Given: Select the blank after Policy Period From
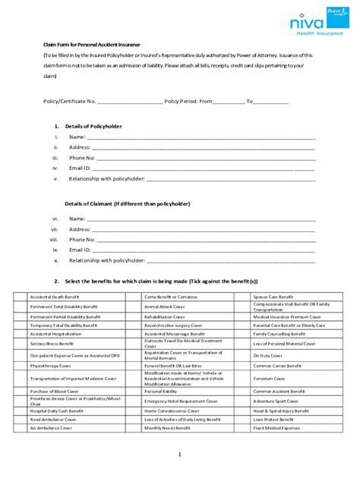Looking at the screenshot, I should point(229,100).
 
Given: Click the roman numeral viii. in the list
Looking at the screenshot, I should point(54,239).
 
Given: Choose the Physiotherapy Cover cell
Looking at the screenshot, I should point(53,364).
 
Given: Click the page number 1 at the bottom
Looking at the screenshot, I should point(180,454).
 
